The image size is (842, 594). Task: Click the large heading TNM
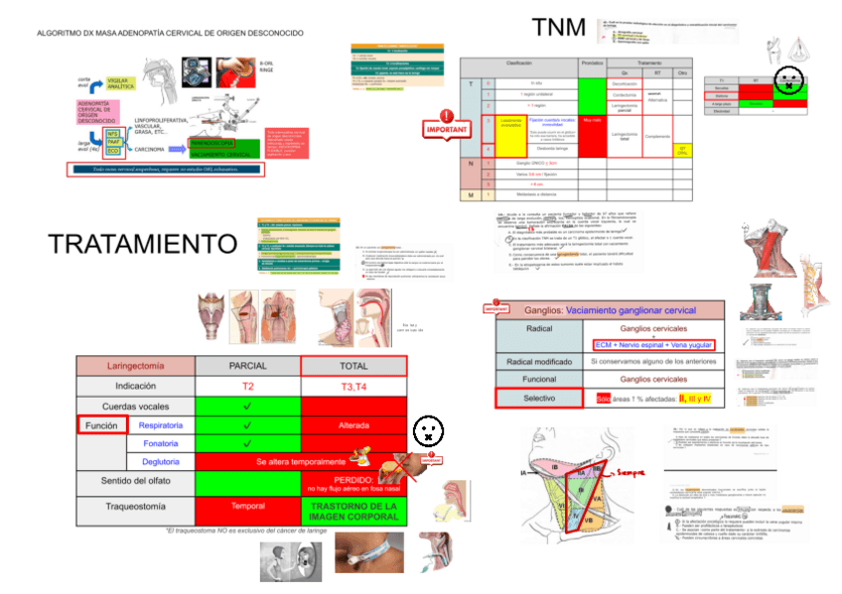[x=559, y=28]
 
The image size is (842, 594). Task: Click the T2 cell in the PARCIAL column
[x=247, y=385]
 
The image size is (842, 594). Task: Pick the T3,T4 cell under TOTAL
[x=353, y=385]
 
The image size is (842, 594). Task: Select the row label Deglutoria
[x=161, y=461]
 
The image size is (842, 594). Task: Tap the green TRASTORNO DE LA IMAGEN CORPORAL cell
[x=353, y=512]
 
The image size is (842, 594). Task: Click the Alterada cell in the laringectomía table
[x=353, y=424]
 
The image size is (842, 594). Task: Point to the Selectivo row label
[x=539, y=399]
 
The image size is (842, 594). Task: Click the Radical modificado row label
[x=539, y=361]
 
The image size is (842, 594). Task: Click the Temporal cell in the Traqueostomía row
[x=247, y=506]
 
